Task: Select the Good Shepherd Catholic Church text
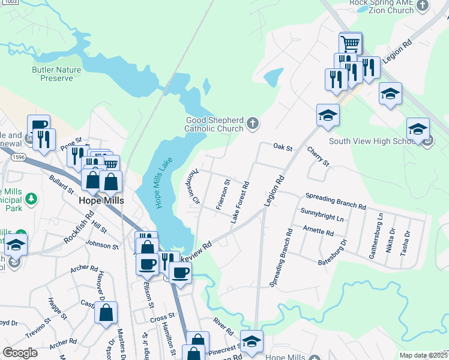coord(214,124)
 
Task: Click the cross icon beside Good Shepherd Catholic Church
coord(253,124)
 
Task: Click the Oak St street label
coord(282,146)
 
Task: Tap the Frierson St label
coord(221,194)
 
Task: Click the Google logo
coord(20,352)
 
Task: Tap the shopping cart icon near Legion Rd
coord(351,43)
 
